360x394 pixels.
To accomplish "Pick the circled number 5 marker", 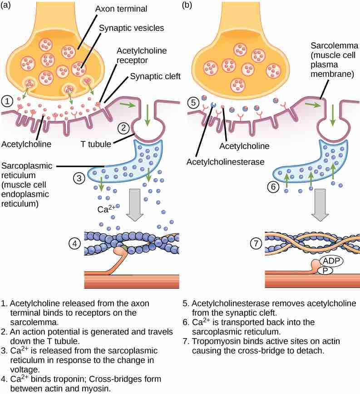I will coord(192,102).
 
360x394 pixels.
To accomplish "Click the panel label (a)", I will coord(8,6).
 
